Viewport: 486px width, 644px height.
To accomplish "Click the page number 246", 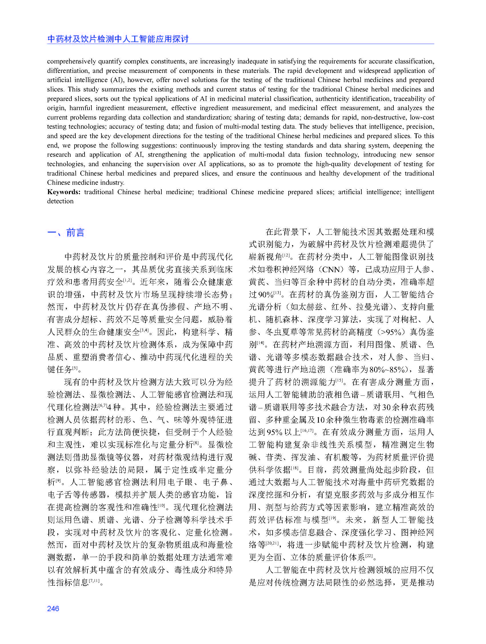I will point(53,609).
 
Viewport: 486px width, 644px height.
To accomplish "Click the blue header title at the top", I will point(118,39).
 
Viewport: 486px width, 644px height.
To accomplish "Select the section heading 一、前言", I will point(66,232).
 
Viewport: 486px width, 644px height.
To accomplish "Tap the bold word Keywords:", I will point(64,192).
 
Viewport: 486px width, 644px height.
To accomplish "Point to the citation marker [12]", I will point(287,255).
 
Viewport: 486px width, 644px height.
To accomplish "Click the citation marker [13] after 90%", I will point(277,293).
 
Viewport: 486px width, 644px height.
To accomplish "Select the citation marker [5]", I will point(75,368).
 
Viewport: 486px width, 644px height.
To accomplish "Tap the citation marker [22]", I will point(369,556).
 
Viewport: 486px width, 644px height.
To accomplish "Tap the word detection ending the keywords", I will point(60,201).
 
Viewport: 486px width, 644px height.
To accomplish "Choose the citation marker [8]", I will point(196,443).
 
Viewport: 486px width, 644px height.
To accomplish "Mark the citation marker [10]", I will point(161,506).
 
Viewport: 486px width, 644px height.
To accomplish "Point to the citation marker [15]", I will point(339,381).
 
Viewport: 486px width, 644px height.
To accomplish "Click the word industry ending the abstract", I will point(112,182).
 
